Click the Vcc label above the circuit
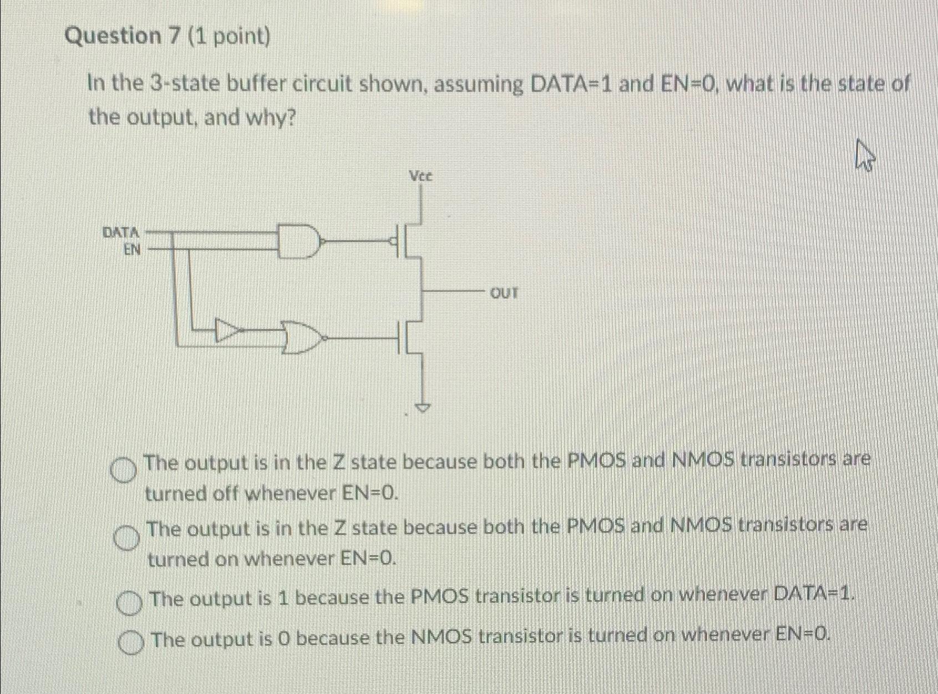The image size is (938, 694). point(420,176)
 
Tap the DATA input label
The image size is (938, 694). point(121,232)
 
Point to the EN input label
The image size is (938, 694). point(132,250)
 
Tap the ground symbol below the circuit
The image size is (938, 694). point(423,408)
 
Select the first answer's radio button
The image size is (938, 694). point(123,471)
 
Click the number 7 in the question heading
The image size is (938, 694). point(175,36)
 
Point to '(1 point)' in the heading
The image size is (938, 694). point(229,37)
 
